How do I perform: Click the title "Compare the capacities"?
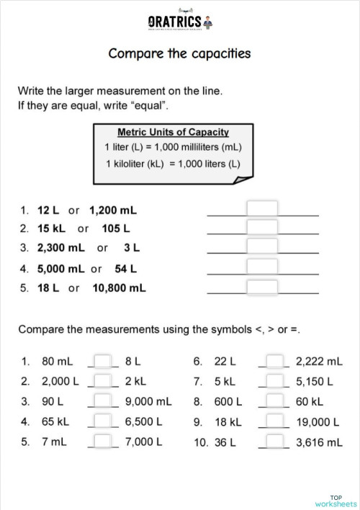point(179,54)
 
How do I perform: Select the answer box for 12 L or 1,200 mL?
point(262,209)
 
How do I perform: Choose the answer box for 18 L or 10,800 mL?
point(262,287)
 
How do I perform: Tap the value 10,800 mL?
point(119,287)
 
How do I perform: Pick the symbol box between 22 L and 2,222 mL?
point(274,361)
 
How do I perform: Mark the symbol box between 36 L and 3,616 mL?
point(274,442)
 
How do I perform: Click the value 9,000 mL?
point(148,401)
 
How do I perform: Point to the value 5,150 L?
point(315,381)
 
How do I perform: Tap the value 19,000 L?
point(317,421)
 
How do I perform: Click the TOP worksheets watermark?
point(336,500)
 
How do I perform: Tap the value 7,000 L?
point(144,442)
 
